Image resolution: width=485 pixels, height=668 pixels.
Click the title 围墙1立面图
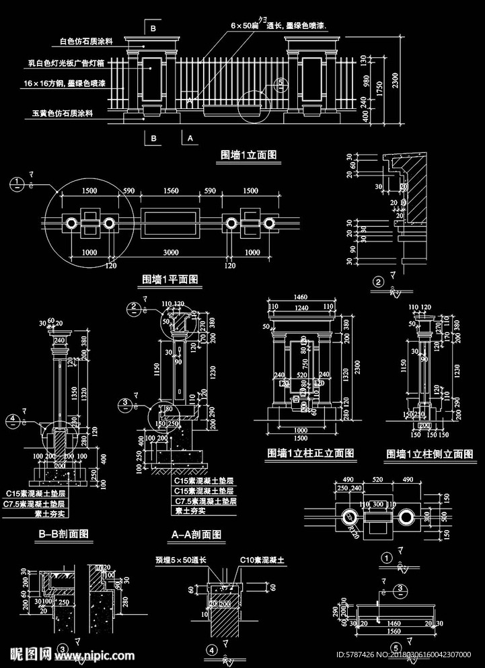[x=249, y=155]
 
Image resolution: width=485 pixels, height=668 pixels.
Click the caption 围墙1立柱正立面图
[x=311, y=453]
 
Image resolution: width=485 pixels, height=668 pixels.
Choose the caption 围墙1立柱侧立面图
[x=429, y=454]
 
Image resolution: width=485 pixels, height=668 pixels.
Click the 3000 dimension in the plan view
[x=170, y=252]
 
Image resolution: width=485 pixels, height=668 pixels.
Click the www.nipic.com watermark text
[x=100, y=655]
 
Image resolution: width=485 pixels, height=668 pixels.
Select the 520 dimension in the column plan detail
[x=377, y=479]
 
